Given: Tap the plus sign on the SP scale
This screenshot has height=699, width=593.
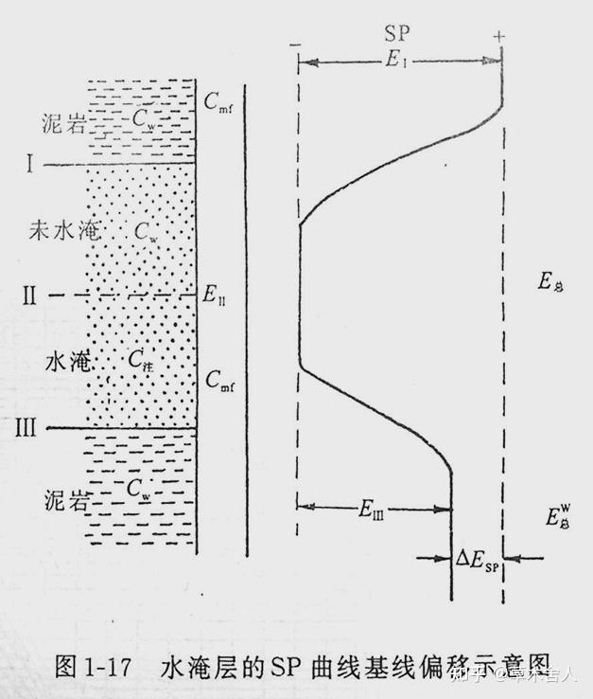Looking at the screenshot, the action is point(498,38).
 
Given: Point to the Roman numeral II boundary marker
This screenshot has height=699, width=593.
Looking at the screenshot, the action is point(29,296).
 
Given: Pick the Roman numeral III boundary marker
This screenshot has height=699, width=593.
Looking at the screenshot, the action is point(26,428).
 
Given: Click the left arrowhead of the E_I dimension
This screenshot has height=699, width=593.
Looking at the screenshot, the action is point(304,63).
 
